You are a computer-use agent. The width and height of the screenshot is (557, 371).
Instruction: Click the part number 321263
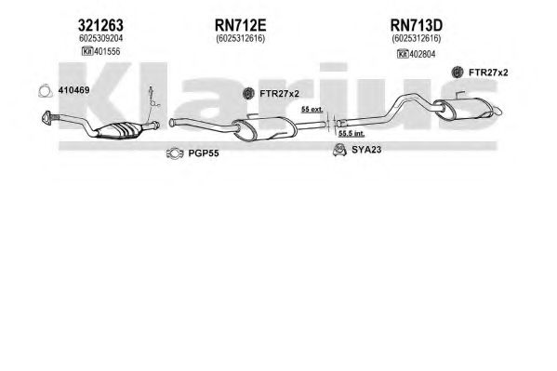pos(100,26)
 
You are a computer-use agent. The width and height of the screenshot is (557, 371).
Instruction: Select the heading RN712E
pos(240,26)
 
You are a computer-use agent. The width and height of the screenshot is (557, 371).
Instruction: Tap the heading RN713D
pos(417,26)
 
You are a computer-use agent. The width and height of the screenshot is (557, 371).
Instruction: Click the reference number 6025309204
pos(100,38)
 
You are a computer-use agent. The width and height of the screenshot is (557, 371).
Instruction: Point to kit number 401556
pos(107,51)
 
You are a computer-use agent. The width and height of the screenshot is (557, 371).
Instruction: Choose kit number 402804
pos(422,54)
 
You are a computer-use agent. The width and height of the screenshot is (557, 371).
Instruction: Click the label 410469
pos(73,90)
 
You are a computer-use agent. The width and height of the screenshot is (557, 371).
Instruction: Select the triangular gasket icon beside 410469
pos(46,91)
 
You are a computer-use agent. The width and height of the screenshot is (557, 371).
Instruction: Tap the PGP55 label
pos(204,153)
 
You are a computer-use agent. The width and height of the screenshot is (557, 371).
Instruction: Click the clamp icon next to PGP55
pos(175,153)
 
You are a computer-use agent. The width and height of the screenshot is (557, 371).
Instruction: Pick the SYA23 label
pos(366,150)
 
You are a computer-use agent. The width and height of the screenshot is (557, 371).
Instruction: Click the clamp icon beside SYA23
pos(340,150)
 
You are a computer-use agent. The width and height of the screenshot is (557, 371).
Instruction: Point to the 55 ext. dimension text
pos(312,110)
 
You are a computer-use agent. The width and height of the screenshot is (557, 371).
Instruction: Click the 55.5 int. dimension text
pos(351,134)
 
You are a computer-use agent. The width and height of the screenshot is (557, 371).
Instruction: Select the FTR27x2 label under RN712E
pos(280,94)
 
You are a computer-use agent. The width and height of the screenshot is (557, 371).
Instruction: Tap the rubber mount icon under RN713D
pos(458,73)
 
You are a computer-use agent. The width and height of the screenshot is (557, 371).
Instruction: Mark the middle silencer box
pos(265,128)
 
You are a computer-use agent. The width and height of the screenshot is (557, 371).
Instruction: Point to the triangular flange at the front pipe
pos(46,118)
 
